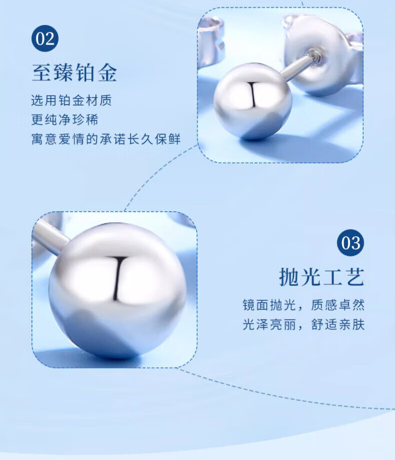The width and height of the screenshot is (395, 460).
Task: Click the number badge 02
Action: (45, 39)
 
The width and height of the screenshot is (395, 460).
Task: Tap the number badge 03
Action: (350, 243)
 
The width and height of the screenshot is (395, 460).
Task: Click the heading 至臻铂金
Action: (74, 73)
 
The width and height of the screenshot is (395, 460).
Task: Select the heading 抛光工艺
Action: (321, 277)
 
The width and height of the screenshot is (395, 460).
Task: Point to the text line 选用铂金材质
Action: (71, 100)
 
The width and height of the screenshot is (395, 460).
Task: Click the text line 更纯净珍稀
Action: (65, 120)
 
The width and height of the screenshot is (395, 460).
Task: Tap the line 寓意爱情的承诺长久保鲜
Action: (106, 139)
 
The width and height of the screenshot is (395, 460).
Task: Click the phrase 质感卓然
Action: (337, 305)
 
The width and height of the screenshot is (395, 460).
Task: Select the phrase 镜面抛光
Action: (269, 305)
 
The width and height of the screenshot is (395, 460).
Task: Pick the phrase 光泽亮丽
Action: (269, 324)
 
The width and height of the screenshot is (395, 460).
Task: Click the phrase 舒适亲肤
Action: (337, 324)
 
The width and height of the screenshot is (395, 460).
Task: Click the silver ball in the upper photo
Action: (252, 101)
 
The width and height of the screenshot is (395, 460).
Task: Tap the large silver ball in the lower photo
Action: (117, 290)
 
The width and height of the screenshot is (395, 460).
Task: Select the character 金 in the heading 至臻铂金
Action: (107, 73)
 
